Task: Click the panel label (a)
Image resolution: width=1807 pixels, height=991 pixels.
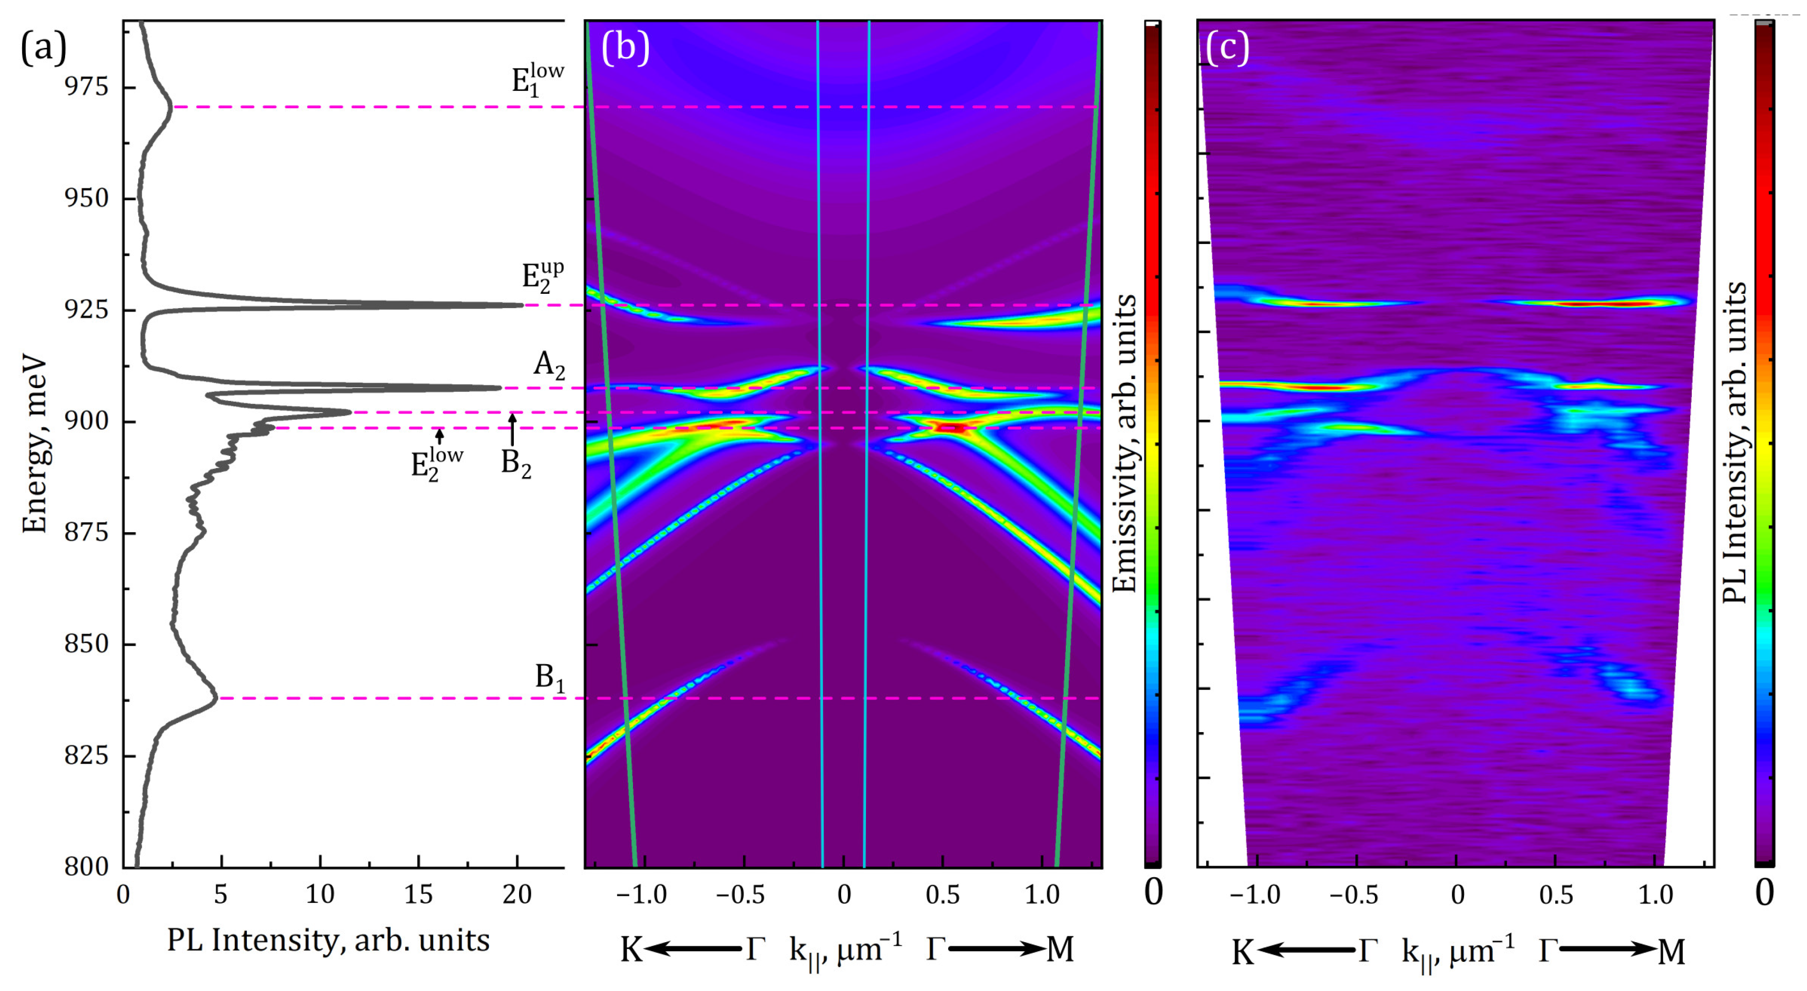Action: pyautogui.click(x=44, y=48)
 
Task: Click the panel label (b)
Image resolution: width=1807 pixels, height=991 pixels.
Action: pyautogui.click(x=625, y=48)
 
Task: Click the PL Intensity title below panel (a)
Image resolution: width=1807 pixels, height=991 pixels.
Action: pyautogui.click(x=328, y=940)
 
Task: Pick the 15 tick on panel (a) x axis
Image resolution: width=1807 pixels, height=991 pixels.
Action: pyautogui.click(x=418, y=894)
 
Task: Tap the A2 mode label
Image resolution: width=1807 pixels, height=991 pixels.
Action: pyautogui.click(x=549, y=365)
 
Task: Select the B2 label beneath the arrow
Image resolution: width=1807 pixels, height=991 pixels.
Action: pyautogui.click(x=516, y=463)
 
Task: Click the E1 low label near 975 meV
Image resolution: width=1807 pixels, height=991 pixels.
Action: pyautogui.click(x=537, y=78)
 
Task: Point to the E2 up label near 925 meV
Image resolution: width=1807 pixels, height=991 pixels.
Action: pyautogui.click(x=542, y=276)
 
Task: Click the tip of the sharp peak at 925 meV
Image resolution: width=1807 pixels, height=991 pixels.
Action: pyautogui.click(x=522, y=305)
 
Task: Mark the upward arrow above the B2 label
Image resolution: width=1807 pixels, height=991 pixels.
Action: pyautogui.click(x=512, y=429)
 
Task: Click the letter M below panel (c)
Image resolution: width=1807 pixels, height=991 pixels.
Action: pyautogui.click(x=1672, y=952)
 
